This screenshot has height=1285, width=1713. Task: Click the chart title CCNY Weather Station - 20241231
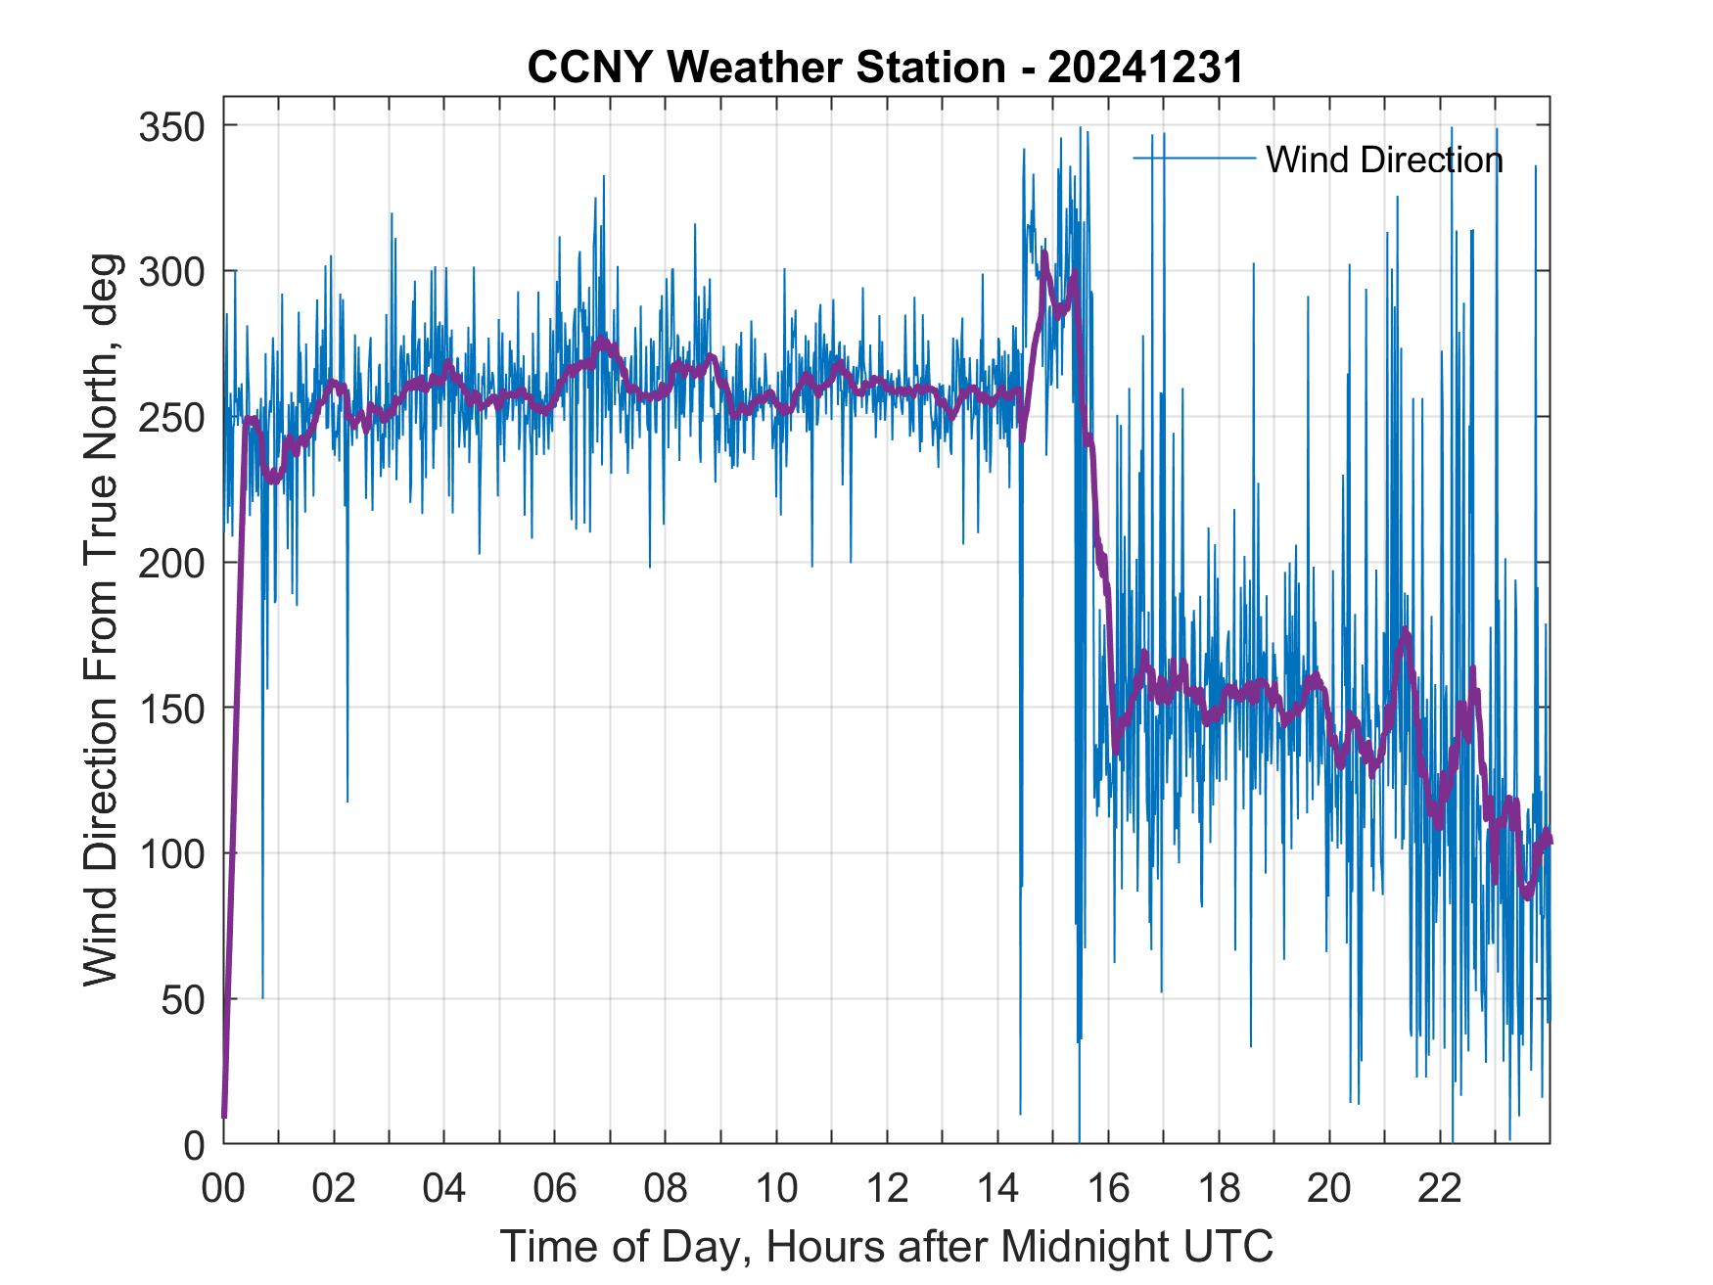885,68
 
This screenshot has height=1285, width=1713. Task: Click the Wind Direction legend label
1384,160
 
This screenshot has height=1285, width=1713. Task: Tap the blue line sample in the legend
1193,158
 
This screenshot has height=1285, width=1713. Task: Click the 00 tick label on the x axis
223,1188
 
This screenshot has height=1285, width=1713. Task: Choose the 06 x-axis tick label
555,1188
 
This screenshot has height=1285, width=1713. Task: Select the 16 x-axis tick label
1109,1188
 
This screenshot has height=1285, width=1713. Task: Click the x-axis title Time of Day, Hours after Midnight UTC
886,1247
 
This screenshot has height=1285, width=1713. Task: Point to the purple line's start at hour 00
224,1116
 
